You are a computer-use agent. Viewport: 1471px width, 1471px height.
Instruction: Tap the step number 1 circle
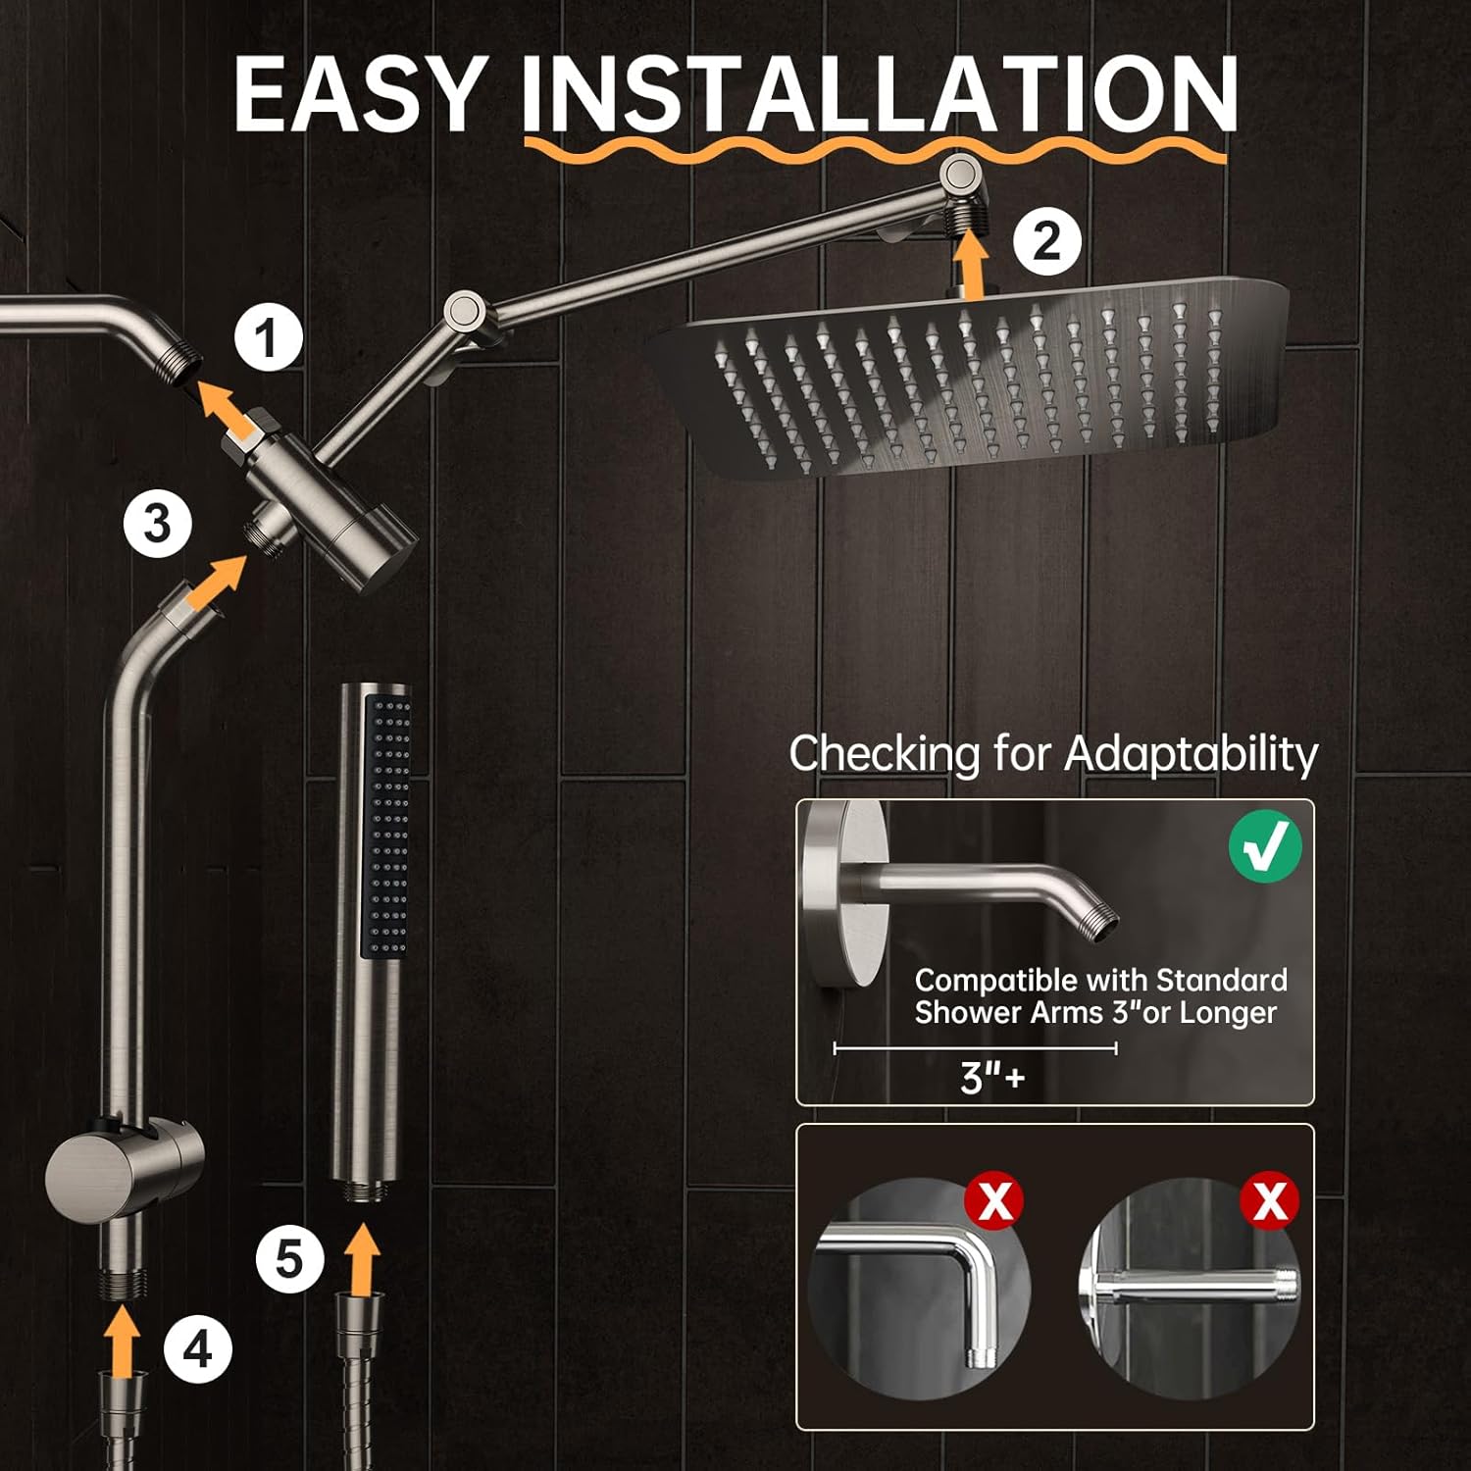pyautogui.click(x=268, y=338)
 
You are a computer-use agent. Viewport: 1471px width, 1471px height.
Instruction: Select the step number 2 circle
pyautogui.click(x=1046, y=241)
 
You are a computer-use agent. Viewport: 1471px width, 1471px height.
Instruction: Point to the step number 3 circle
pyautogui.click(x=157, y=523)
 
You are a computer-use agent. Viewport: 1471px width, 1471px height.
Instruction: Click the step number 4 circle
pyautogui.click(x=197, y=1350)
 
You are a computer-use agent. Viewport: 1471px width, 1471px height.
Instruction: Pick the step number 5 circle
pyautogui.click(x=290, y=1258)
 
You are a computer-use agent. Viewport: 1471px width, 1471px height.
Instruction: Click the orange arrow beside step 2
pyautogui.click(x=971, y=263)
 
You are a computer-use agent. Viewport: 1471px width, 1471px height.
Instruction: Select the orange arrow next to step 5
pyautogui.click(x=363, y=1258)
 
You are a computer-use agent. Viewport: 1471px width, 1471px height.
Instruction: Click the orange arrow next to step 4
pyautogui.click(x=123, y=1344)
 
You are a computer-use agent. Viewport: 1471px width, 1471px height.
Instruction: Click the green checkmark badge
pyautogui.click(x=1265, y=846)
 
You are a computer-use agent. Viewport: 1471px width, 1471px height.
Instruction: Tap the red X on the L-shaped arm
pyautogui.click(x=994, y=1201)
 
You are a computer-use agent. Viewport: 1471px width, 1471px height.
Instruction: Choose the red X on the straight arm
pyautogui.click(x=1270, y=1201)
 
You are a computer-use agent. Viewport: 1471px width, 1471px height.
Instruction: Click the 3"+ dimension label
pyautogui.click(x=992, y=1077)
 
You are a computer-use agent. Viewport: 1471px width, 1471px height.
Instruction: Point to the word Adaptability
pyautogui.click(x=1191, y=755)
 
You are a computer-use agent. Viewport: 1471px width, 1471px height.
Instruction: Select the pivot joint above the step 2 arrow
pyautogui.click(x=963, y=177)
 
